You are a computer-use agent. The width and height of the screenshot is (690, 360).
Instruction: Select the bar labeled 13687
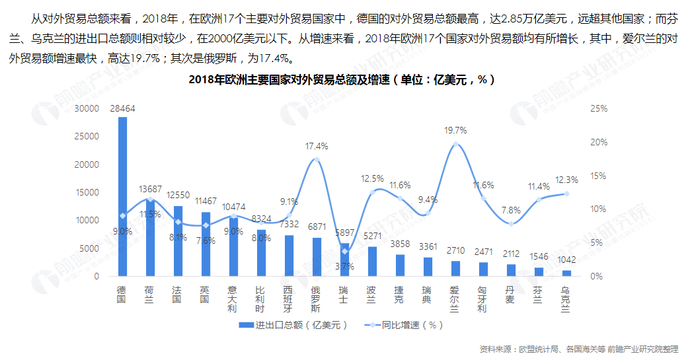pos(150,238)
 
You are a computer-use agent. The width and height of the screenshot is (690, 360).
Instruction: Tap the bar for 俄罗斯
pos(317,257)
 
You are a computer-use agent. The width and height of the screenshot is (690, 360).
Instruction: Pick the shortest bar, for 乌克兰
pos(566,273)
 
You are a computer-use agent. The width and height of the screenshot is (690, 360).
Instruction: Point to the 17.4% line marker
pos(317,159)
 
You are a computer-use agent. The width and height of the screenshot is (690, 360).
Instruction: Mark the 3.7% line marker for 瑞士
pos(344,252)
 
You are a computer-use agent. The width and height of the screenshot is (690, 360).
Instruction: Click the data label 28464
pos(123,109)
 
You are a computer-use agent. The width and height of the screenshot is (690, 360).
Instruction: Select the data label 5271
pos(372,236)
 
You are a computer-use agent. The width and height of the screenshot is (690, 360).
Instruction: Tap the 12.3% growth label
pos(566,180)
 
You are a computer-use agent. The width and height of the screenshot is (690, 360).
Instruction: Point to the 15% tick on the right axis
pos(598,176)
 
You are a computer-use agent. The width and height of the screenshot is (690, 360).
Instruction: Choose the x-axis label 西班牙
pos(289,299)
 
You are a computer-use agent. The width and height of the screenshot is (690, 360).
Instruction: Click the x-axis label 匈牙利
pos(483,299)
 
